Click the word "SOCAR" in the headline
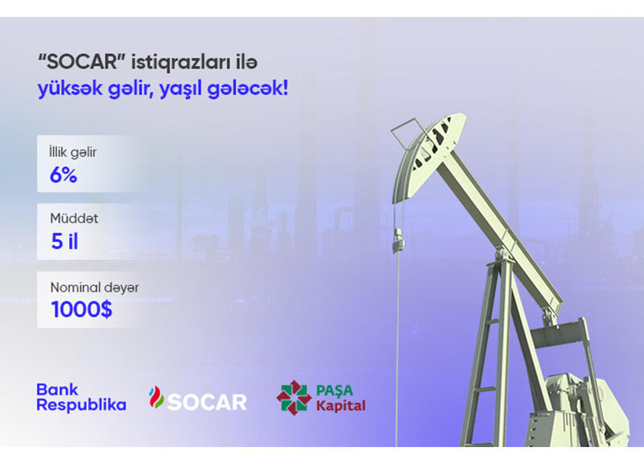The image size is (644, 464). pos(81,62)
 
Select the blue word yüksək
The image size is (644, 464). pos(70,89)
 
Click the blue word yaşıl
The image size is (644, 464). pos(180,89)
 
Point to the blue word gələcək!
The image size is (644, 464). pos(248,89)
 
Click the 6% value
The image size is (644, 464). pos(64,175)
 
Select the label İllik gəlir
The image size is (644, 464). pos(72,152)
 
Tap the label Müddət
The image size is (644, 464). pos(74,218)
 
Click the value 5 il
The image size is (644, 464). pos(64,241)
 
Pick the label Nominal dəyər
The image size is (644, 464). pos(94,288)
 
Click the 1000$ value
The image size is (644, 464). pos(82,309)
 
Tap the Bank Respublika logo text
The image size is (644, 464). pos(81,397)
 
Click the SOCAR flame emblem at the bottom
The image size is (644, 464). pos(156,397)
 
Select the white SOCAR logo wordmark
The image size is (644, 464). pos(208,402)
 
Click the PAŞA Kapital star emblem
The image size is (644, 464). pos(294,397)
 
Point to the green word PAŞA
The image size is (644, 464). pos(334,391)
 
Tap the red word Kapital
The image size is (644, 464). pos(341,406)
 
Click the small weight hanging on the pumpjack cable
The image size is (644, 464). pos(398,240)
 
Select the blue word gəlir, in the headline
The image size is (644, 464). pos(130,89)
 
